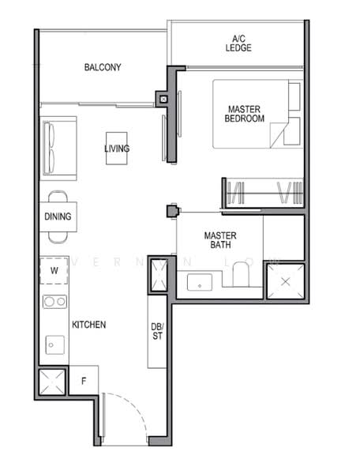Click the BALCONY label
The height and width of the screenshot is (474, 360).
point(103,67)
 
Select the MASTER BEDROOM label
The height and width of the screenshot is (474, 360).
point(246,114)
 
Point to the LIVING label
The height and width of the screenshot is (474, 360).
point(117,148)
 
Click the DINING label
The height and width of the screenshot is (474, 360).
point(58,216)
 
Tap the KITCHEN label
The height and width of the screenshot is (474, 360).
point(88,325)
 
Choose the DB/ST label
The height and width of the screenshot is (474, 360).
point(157,333)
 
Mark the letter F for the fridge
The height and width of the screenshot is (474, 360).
point(84,381)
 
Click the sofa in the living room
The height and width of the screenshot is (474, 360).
point(58,148)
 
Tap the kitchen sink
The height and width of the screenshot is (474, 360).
point(54,344)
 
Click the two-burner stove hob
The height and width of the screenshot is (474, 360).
point(54,301)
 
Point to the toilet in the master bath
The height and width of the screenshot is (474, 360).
point(241,275)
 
